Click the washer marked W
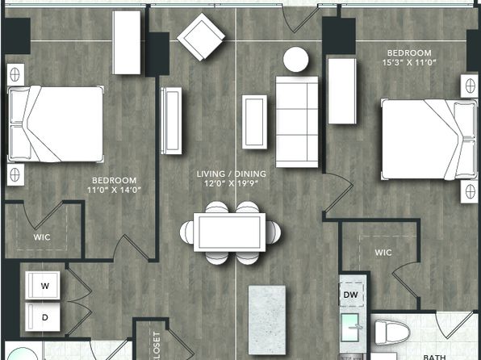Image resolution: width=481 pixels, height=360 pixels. [43, 285]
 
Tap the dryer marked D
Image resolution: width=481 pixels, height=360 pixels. [43, 317]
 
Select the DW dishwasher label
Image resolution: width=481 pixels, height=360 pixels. [350, 295]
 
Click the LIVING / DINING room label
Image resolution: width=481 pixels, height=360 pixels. [232, 174]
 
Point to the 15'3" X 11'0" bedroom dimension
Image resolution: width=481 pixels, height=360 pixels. [409, 62]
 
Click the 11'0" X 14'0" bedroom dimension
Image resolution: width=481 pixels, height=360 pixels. [114, 190]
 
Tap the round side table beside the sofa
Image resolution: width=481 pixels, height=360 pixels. [295, 60]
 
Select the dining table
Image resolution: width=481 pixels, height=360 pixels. [229, 232]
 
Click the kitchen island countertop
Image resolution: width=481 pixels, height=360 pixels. [267, 320]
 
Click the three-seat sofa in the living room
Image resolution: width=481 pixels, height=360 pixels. [297, 122]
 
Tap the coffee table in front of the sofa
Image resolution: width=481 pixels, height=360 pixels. [254, 122]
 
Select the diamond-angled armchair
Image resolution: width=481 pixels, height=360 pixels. [201, 37]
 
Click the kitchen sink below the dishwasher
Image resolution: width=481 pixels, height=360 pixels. [349, 327]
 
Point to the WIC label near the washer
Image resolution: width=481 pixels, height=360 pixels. [42, 237]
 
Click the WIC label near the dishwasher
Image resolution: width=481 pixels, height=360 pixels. [383, 253]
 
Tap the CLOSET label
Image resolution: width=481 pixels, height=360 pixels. [157, 346]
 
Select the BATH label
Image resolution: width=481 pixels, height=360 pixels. [434, 357]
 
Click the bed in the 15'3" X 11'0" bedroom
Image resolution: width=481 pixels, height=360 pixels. [429, 139]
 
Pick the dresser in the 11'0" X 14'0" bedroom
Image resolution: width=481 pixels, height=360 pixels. [127, 42]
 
